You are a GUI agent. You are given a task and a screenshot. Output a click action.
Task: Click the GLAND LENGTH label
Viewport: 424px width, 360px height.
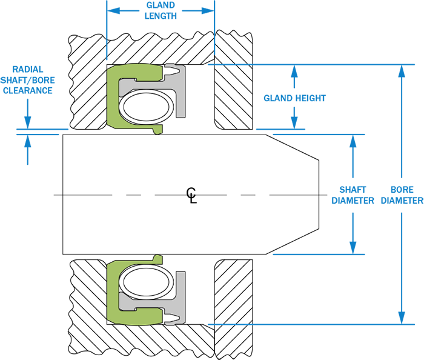point(161,10)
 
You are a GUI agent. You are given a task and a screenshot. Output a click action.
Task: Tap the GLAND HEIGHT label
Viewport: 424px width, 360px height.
point(294,98)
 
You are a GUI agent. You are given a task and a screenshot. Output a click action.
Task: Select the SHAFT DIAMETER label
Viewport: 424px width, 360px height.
point(353,195)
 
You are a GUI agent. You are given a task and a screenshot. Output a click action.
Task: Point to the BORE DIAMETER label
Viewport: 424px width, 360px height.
point(402,195)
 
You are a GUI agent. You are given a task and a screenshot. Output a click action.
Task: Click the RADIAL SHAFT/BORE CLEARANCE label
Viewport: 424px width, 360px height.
point(28,80)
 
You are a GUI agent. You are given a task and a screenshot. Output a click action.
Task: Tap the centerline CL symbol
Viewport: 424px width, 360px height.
point(192,195)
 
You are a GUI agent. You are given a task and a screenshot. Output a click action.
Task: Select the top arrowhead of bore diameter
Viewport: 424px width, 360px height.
point(402,72)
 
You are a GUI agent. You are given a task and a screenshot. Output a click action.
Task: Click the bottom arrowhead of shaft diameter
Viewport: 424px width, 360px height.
point(353,247)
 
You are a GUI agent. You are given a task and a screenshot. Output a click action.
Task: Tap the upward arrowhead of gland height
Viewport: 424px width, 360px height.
point(294,72)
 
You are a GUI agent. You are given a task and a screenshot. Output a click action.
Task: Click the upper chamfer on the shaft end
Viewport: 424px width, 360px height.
point(293,147)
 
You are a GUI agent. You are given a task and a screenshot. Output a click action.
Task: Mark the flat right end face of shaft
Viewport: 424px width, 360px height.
point(319,194)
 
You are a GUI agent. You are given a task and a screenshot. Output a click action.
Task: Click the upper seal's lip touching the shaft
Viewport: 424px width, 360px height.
point(158,131)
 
